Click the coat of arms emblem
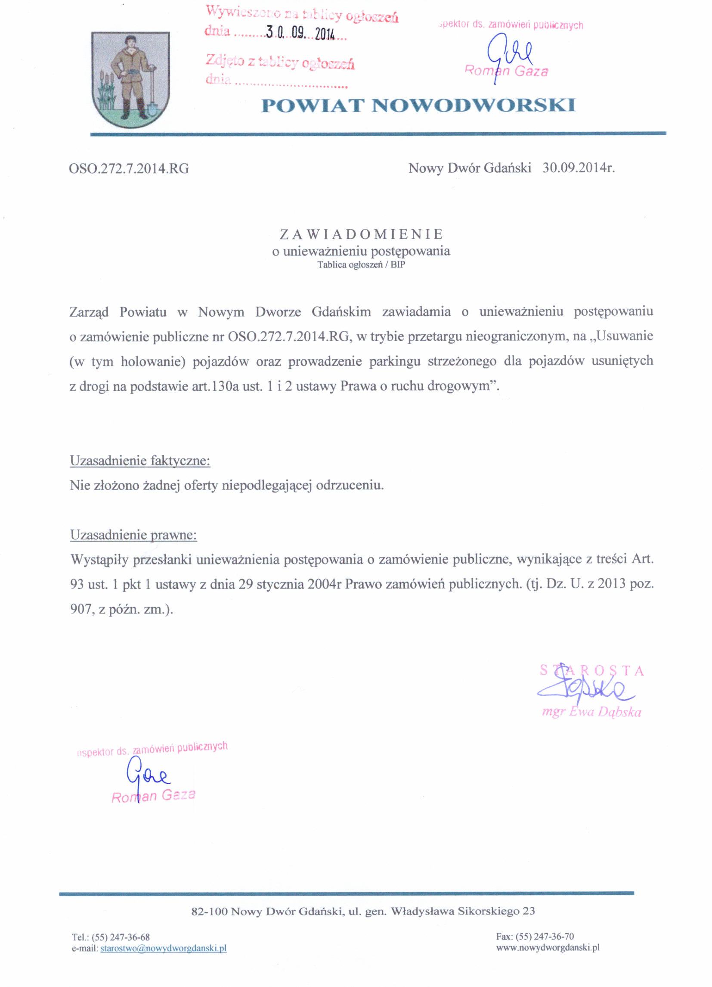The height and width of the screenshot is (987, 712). [x=130, y=80]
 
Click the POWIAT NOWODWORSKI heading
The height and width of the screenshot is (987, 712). [x=418, y=106]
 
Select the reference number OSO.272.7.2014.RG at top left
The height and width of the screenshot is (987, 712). [x=129, y=169]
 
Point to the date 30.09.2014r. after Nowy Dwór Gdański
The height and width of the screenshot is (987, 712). [x=578, y=168]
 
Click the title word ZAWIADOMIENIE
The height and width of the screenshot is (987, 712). [x=361, y=234]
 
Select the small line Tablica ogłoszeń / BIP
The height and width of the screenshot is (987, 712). [x=361, y=265]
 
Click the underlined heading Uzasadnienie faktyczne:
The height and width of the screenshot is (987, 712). [x=139, y=461]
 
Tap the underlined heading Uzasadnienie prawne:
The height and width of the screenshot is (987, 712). [x=133, y=535]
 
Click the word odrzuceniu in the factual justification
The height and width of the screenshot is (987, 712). [x=350, y=485]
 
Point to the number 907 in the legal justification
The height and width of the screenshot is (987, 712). [x=80, y=609]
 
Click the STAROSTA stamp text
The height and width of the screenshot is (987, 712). [x=591, y=671]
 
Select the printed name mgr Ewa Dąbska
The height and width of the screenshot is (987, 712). [x=591, y=713]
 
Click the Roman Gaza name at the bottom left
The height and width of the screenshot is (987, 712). [x=153, y=796]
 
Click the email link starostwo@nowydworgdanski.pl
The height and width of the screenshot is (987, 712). [x=163, y=948]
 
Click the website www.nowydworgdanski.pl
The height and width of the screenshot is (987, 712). [x=548, y=947]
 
